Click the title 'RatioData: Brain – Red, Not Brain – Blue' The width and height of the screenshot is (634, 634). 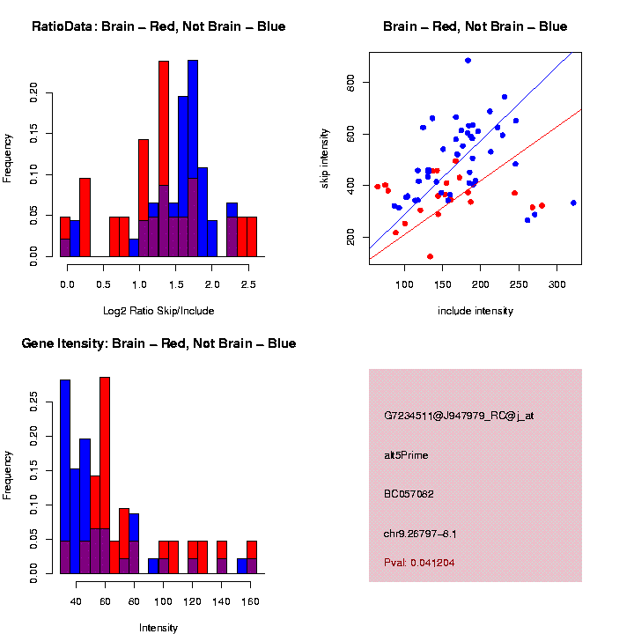[158, 26]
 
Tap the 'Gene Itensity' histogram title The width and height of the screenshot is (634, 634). [158, 343]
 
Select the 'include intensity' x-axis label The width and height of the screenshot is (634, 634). [475, 311]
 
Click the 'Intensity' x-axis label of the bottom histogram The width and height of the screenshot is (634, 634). [158, 628]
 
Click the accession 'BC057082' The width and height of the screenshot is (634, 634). [409, 494]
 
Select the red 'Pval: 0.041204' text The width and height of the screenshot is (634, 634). [419, 562]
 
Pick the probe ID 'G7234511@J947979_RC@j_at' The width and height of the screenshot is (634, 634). [459, 415]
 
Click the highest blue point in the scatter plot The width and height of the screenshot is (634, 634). [468, 61]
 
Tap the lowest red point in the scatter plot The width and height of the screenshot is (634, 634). [430, 256]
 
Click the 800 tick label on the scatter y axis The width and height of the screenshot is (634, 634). [356, 83]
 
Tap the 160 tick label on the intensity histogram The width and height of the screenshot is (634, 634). [251, 601]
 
